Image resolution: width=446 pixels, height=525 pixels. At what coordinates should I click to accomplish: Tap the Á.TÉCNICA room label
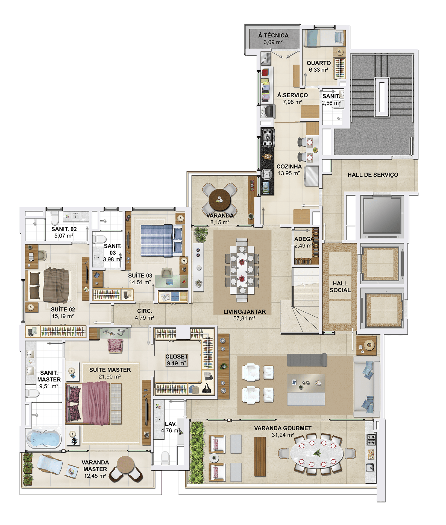273,36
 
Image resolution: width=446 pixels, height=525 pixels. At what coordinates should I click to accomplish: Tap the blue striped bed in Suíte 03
161,241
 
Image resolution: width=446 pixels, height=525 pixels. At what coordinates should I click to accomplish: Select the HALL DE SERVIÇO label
373,175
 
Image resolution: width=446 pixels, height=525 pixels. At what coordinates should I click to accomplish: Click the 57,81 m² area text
244,318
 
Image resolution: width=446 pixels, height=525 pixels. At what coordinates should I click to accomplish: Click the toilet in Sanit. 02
55,217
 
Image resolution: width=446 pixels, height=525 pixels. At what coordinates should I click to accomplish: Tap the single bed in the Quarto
324,38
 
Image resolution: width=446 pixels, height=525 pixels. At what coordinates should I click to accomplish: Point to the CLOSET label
177,357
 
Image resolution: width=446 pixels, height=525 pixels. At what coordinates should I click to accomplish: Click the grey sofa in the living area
307,360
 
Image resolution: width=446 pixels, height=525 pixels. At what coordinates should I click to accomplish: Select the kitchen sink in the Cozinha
266,174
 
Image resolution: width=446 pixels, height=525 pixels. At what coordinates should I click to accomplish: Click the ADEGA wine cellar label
304,239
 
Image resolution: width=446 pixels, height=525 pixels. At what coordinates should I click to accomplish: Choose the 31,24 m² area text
283,435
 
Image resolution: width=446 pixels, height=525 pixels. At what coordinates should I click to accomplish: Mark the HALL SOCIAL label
340,287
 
